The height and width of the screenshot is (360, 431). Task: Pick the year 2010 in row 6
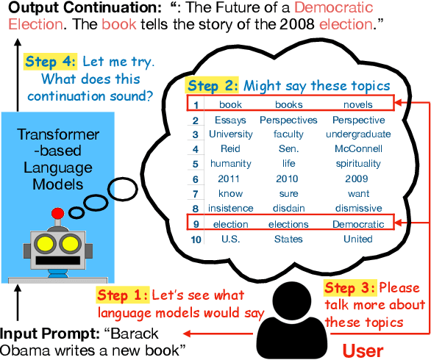point(288,179)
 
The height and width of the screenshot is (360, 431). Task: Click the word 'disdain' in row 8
point(288,209)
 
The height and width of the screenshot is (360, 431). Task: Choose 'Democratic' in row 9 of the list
point(358,224)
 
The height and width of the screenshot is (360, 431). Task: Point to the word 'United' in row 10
point(358,239)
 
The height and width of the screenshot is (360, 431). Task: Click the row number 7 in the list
point(196,194)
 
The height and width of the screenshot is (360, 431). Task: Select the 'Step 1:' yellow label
point(123,296)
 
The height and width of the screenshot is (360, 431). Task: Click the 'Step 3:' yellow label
point(350,288)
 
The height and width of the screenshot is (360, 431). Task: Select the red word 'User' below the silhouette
point(364,350)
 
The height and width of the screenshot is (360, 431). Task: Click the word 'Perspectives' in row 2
point(288,120)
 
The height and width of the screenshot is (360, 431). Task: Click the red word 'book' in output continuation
point(114,24)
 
